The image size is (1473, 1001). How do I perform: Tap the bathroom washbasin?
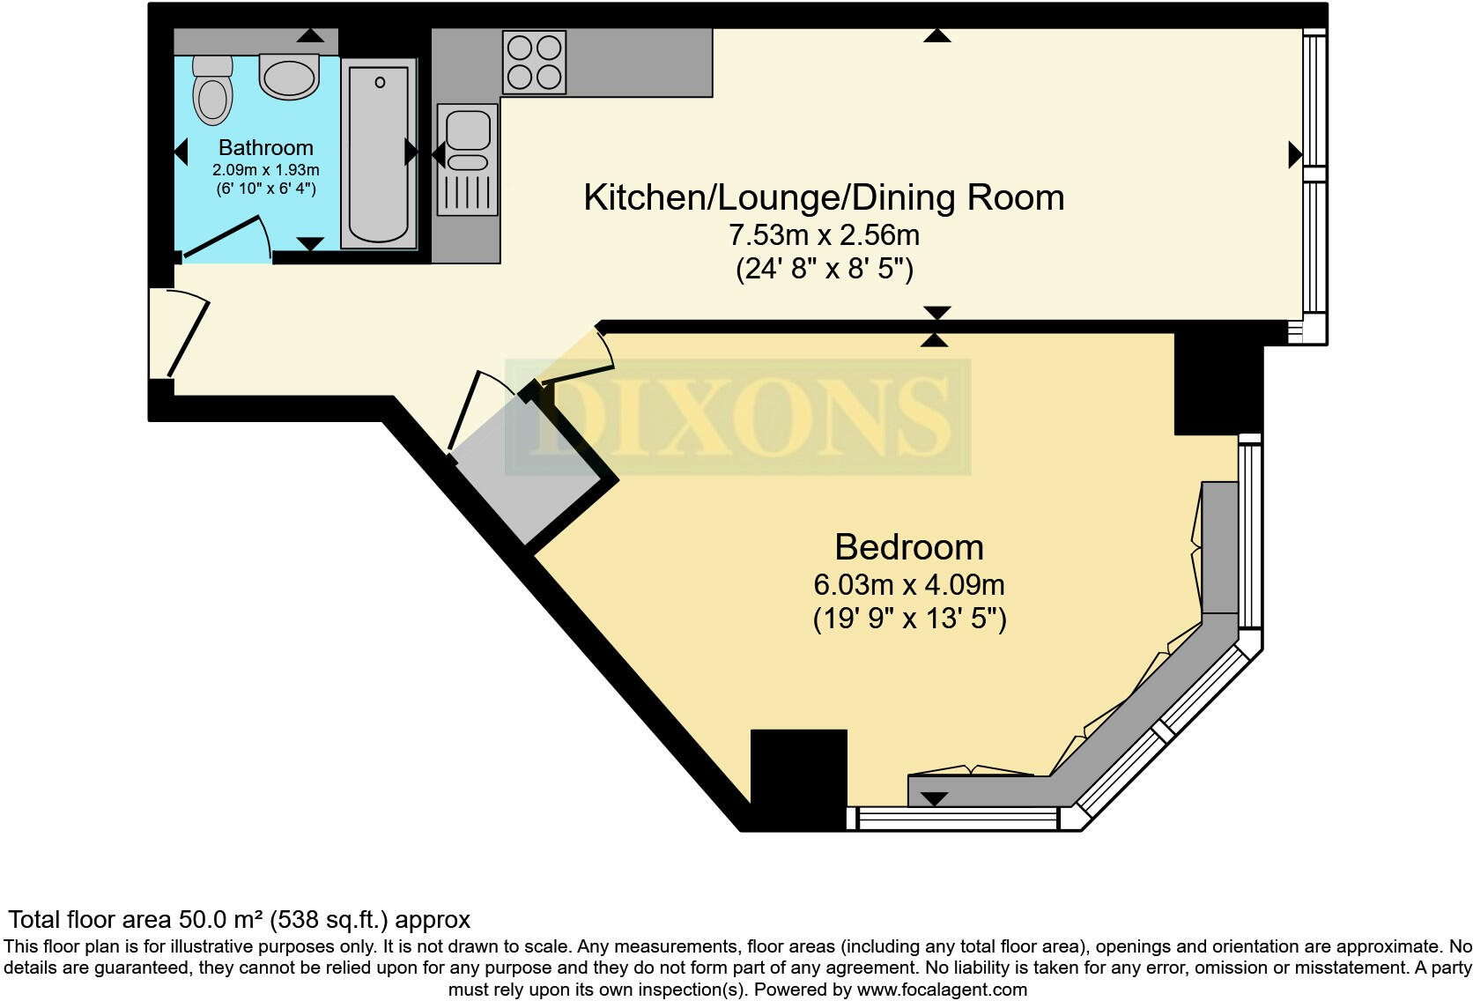click(x=289, y=77)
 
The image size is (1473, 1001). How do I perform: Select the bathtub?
click(x=380, y=154)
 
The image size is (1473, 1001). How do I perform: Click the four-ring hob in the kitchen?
click(x=534, y=63)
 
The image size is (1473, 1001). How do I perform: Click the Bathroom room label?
click(x=265, y=147)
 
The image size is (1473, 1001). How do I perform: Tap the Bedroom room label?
click(x=908, y=547)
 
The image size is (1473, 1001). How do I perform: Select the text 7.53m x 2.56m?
click(x=824, y=235)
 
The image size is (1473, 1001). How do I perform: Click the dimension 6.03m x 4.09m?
click(x=908, y=584)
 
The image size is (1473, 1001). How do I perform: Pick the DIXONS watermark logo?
click(x=737, y=417)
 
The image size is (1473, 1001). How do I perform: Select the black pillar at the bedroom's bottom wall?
click(x=798, y=779)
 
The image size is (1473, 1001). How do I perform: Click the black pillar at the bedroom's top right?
click(x=1218, y=386)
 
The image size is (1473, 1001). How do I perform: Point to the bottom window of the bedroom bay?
click(x=957, y=819)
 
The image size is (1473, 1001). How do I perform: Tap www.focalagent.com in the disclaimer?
click(x=942, y=989)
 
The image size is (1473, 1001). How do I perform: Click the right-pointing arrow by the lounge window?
click(x=1294, y=154)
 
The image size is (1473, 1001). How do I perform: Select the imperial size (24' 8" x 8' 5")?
click(x=824, y=269)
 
